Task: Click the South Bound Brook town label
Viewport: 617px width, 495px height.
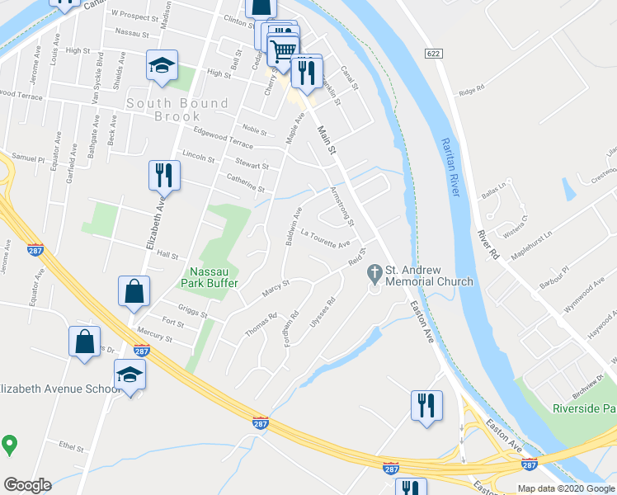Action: (177, 110)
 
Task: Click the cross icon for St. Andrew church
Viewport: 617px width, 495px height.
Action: (374, 271)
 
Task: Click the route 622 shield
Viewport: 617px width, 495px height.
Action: (433, 54)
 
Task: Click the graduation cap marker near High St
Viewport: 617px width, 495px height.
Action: (162, 65)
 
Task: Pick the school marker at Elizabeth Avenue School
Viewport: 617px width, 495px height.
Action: (130, 375)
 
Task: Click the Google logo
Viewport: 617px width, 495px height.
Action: (27, 485)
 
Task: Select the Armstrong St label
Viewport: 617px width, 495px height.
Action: (341, 207)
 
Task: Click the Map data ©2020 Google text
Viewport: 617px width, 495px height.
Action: (566, 488)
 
